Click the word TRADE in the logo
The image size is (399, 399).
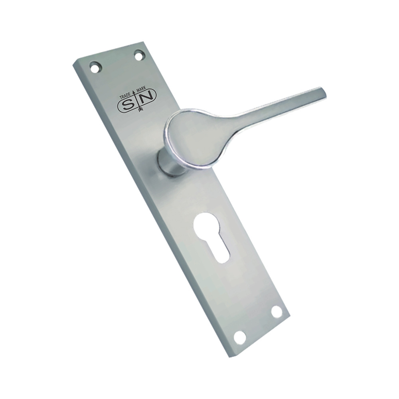point(127,95)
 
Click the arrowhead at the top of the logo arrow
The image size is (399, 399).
point(138,93)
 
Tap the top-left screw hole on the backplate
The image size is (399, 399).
point(95,67)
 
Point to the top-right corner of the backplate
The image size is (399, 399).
point(142,41)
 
